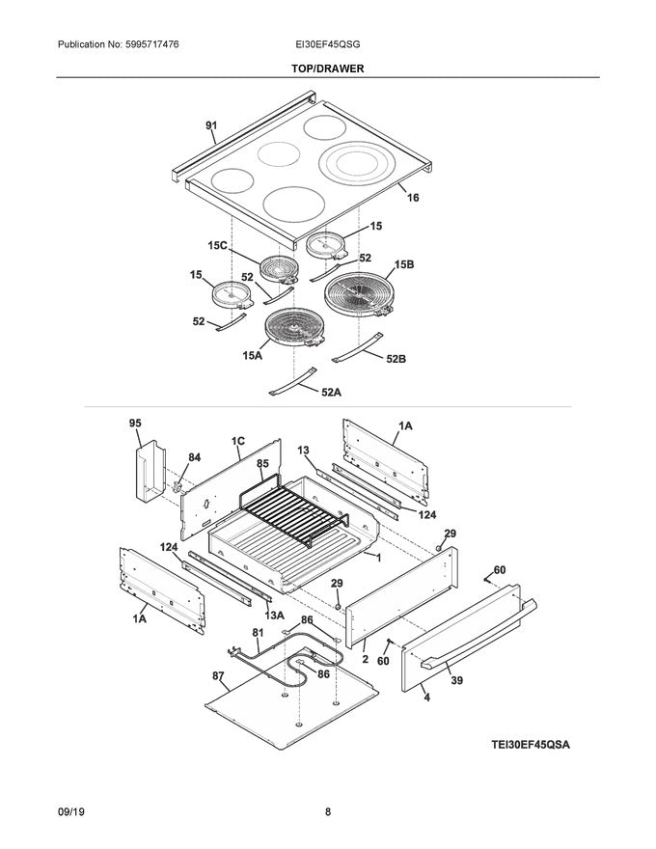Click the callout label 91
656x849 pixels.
click(x=211, y=125)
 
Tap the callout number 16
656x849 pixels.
click(x=413, y=198)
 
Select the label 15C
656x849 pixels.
click(x=217, y=245)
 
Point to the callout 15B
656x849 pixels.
click(x=402, y=264)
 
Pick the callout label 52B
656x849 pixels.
click(x=396, y=359)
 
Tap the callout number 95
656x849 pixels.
click(x=135, y=423)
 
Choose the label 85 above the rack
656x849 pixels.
click(x=261, y=464)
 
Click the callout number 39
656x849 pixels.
click(x=456, y=680)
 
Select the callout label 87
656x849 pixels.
click(x=219, y=677)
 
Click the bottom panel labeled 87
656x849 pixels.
click(x=289, y=709)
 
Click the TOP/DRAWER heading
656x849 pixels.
click(x=328, y=68)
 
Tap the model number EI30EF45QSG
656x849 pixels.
click(x=328, y=45)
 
